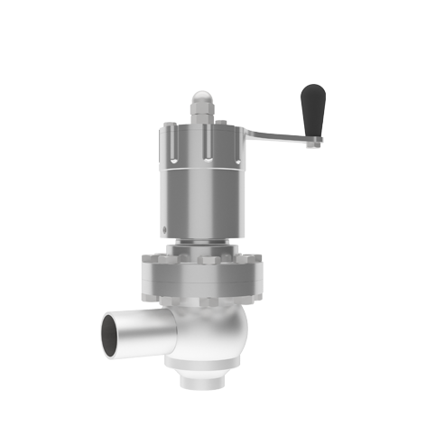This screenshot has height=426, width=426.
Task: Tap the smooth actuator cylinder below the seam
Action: click(205, 203)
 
